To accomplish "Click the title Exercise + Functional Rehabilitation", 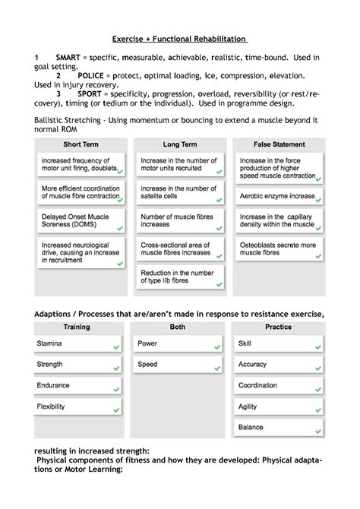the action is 179,39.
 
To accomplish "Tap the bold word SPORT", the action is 90,95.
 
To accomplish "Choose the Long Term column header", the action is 180,144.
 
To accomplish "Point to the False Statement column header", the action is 279,144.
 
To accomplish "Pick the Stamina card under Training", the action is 77,344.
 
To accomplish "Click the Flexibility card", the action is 77,406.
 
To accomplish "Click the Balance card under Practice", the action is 278,427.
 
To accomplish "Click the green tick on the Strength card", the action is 117,369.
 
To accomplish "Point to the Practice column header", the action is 278,327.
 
